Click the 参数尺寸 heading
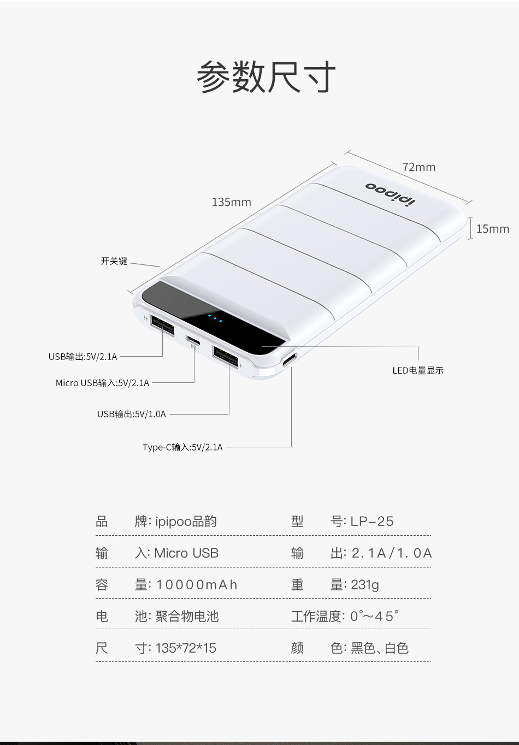tap(266, 77)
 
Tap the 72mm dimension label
tap(419, 167)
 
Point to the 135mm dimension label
tap(232, 202)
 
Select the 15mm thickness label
tap(493, 229)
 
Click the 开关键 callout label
tap(114, 261)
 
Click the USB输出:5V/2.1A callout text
tap(83, 357)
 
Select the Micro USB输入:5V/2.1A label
tap(103, 383)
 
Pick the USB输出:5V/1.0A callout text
tap(132, 414)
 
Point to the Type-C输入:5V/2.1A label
tap(182, 447)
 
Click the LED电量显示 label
tap(418, 370)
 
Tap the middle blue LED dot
tap(215, 318)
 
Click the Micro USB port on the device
tap(193, 340)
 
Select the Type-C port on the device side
tap(290, 359)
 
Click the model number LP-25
tap(372, 521)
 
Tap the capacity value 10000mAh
tap(196, 584)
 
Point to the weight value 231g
tap(364, 584)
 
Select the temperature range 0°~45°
tap(374, 616)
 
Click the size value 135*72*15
tap(186, 648)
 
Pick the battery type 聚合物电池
tap(187, 616)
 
